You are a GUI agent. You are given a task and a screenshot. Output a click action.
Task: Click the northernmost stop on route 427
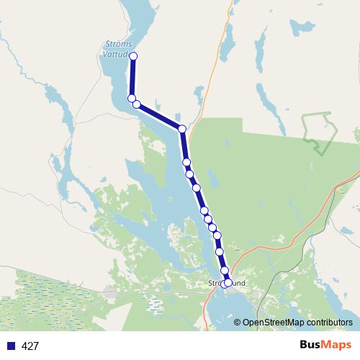point(133,56)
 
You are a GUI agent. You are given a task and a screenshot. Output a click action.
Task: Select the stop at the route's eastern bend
point(182,129)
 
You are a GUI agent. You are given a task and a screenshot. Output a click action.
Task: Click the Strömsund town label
point(226,284)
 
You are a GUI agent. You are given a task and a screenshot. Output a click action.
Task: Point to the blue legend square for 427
point(10,346)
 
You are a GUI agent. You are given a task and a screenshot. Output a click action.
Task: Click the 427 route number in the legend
point(30,346)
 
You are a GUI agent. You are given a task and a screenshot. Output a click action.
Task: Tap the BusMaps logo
point(321,345)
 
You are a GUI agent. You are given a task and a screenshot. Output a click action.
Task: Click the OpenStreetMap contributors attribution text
point(297,323)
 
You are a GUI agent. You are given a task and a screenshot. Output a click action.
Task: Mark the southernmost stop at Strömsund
point(228,283)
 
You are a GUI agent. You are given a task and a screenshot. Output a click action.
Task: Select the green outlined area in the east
point(317,130)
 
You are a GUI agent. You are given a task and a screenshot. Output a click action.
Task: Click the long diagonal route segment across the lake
point(159,117)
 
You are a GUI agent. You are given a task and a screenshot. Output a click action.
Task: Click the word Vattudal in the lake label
point(115,53)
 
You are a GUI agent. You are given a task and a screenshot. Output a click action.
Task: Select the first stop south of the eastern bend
point(186,162)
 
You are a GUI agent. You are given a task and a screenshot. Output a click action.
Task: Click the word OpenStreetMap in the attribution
point(275,323)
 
